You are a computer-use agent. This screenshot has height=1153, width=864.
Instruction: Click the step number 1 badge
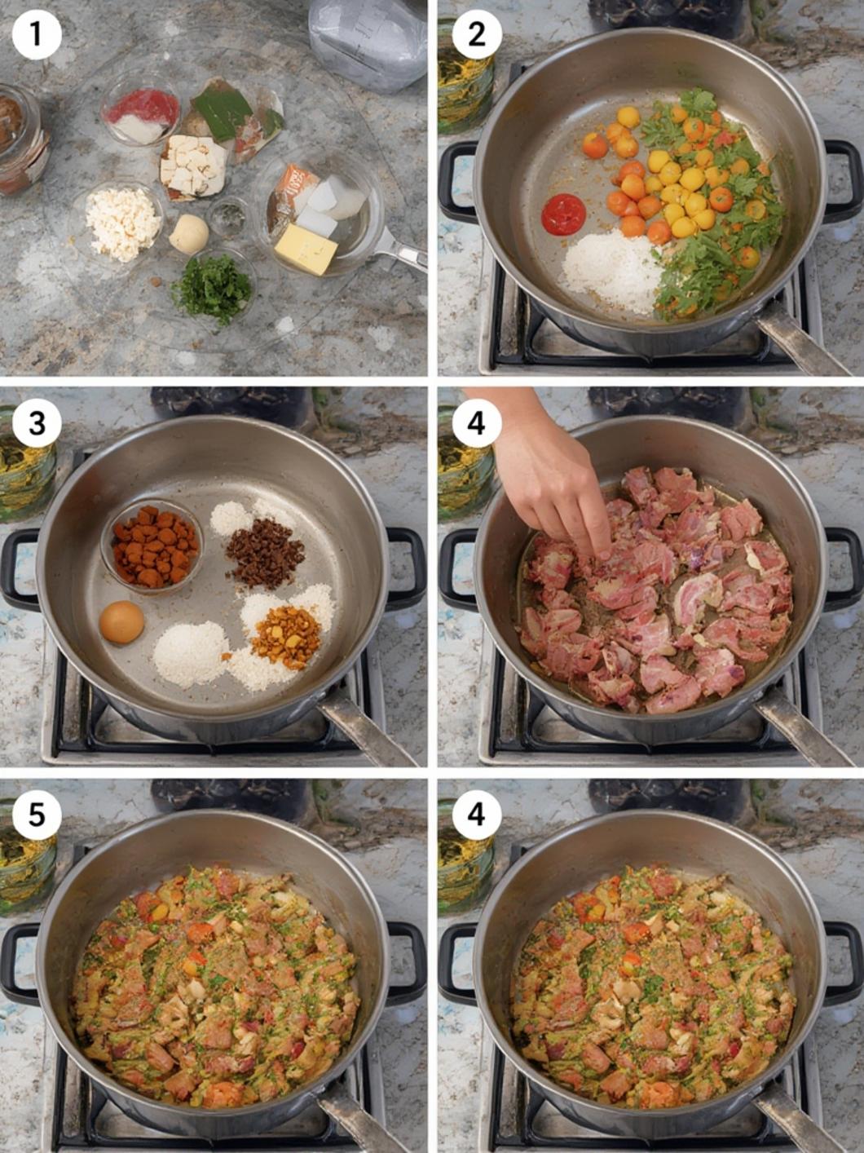pos(36,35)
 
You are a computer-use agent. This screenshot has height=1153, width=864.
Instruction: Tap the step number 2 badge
pos(476,35)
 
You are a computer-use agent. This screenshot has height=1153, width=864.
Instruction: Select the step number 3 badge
pos(36,423)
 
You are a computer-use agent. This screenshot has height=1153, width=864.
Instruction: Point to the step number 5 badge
pos(36,815)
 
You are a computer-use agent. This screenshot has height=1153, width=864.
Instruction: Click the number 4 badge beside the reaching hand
pos(476,423)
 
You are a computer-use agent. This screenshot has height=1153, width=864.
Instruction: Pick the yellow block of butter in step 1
pos(306,248)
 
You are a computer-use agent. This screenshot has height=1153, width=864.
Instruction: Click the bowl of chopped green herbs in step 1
pos(214,289)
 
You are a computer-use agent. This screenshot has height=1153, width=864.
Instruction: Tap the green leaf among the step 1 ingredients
pos(224,113)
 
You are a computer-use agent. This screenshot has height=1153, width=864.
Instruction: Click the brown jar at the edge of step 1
pos(20,139)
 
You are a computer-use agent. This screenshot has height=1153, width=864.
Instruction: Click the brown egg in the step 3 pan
pos(121,622)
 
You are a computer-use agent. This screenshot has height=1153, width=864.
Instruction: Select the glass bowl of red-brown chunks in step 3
pos(153,546)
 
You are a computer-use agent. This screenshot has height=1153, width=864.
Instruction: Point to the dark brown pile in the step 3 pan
pos(265,551)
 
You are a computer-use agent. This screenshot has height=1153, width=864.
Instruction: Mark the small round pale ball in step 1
pos(189,233)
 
